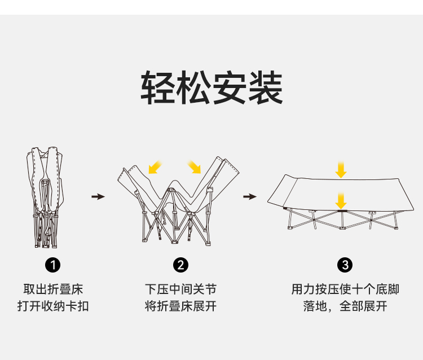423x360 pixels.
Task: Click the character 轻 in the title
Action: [158, 89]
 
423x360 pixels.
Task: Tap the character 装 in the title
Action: [265, 89]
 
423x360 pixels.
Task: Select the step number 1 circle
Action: [52, 265]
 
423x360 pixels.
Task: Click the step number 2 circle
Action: [180, 265]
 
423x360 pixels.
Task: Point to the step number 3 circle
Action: [345, 265]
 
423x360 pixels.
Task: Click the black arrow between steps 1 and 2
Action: [98, 196]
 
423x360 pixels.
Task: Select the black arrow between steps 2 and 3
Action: [249, 196]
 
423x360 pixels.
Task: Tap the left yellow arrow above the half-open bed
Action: [153, 167]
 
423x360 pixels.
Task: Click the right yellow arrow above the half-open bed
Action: [194, 166]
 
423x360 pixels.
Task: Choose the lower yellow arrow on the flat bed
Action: [340, 200]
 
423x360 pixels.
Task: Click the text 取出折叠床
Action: [52, 289]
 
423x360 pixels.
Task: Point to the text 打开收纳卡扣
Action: [52, 306]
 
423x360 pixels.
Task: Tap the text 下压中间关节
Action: [180, 289]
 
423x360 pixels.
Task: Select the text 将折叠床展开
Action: [180, 306]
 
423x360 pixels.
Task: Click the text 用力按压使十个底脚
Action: [345, 289]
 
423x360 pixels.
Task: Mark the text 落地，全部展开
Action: [345, 306]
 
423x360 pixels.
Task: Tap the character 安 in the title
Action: [230, 89]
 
